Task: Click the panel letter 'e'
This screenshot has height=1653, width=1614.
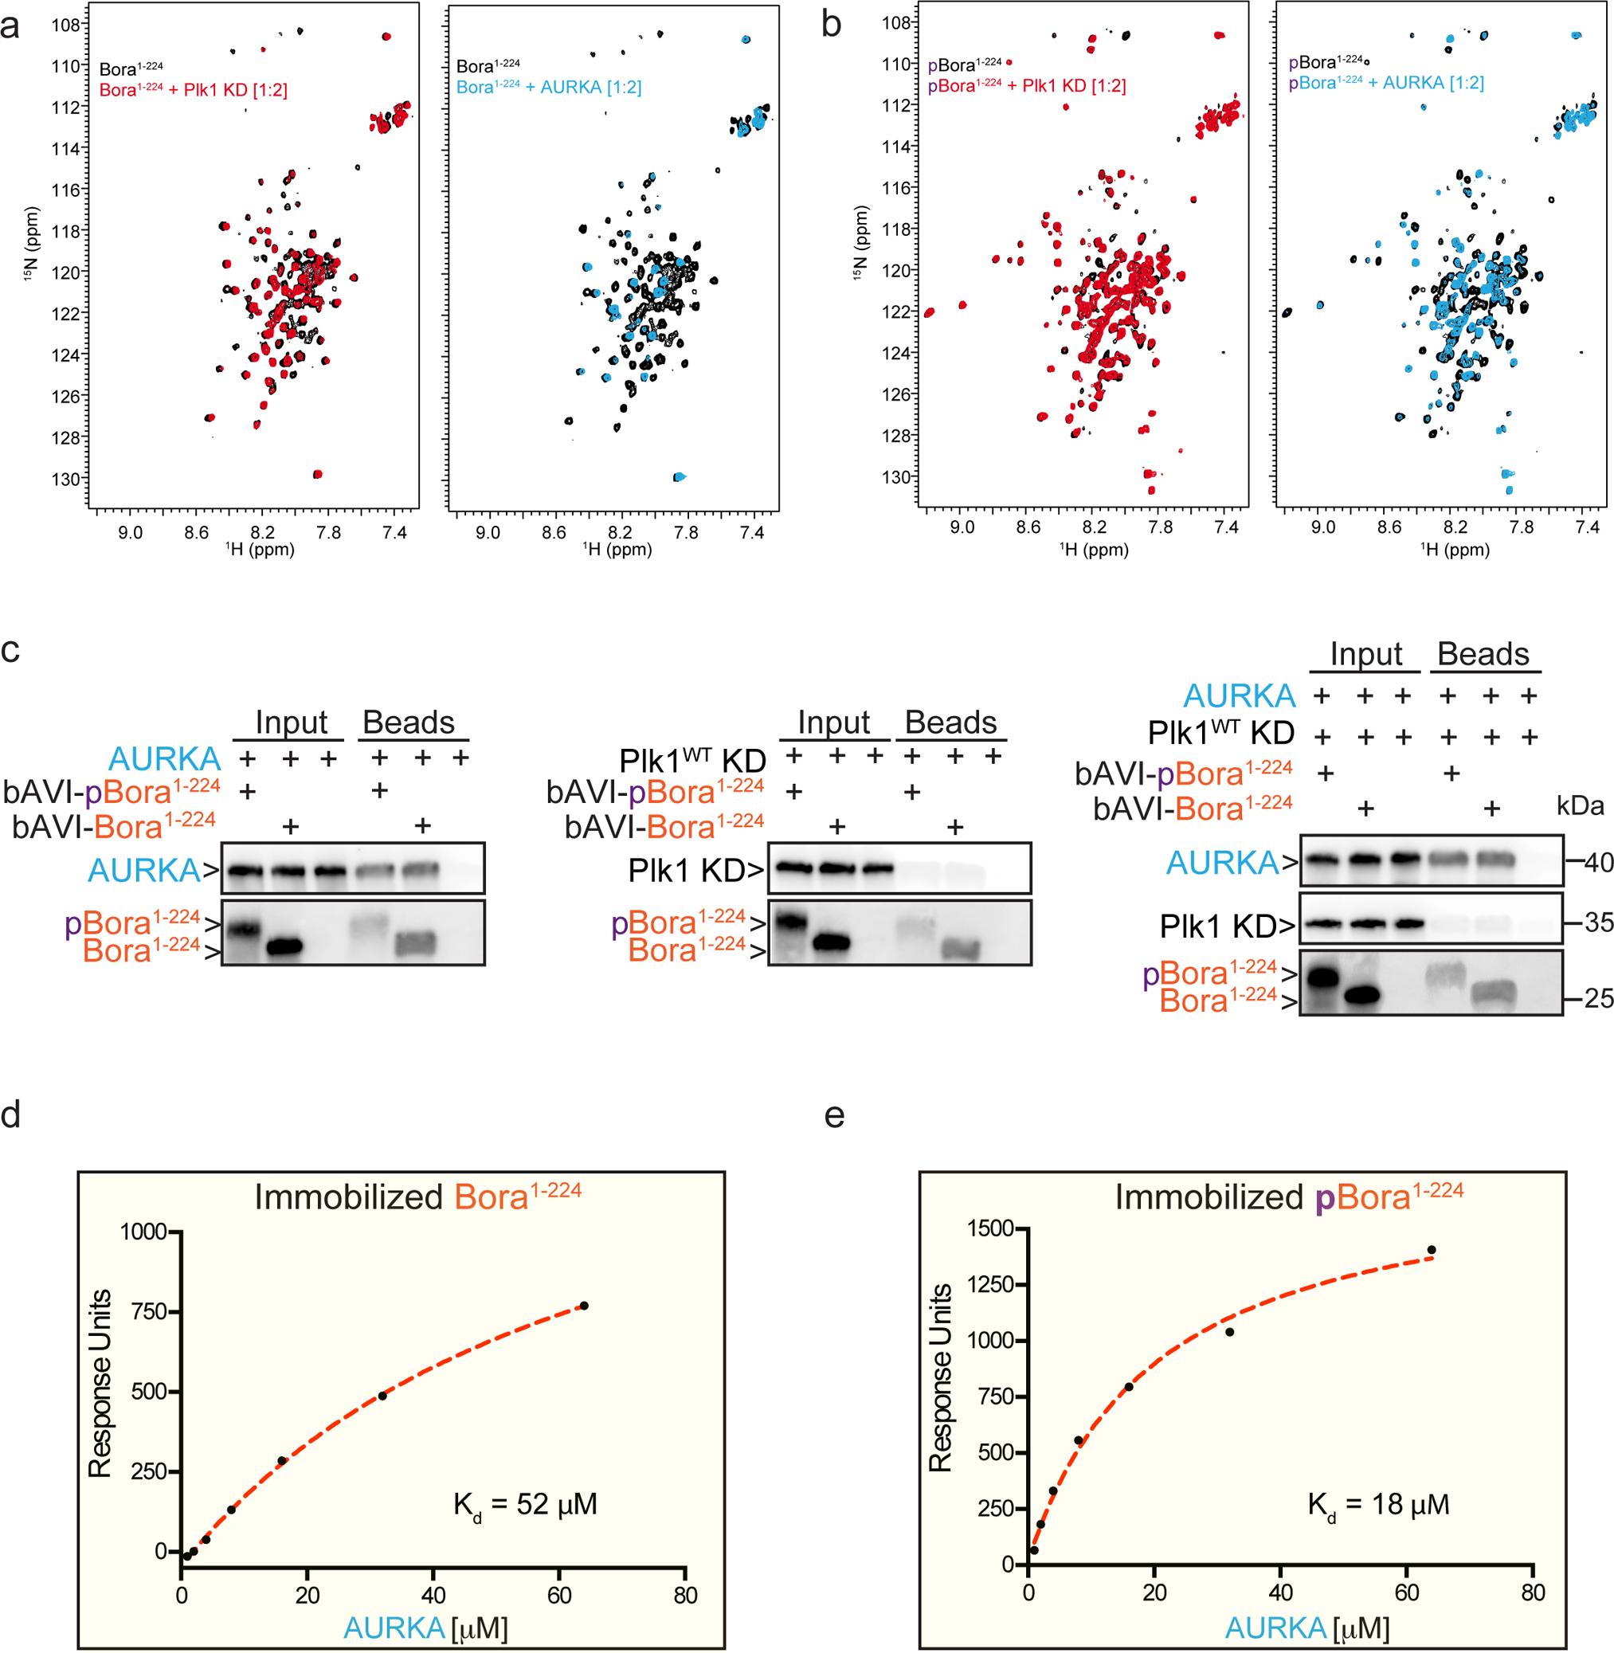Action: (x=835, y=1116)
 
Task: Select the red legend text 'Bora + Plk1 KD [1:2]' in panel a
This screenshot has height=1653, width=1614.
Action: (x=194, y=89)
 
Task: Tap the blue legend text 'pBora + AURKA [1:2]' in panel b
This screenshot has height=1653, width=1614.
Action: (x=1386, y=82)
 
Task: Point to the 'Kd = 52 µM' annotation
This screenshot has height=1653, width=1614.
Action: (x=526, y=1505)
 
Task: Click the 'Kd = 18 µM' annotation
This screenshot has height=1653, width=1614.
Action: (x=1378, y=1505)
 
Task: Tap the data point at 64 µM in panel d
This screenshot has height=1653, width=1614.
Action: (x=583, y=1306)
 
